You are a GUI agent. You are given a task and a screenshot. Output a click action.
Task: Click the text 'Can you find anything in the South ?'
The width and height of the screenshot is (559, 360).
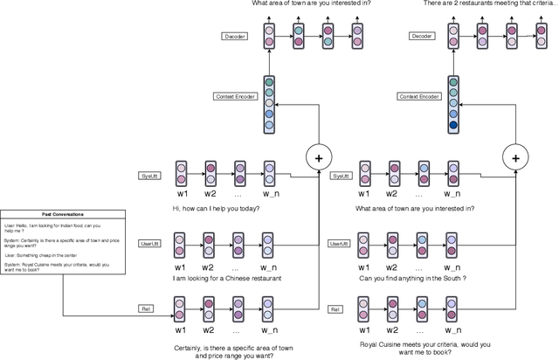[x=411, y=278]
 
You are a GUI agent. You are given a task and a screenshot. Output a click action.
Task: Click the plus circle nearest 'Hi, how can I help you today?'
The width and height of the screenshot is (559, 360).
[x=318, y=157]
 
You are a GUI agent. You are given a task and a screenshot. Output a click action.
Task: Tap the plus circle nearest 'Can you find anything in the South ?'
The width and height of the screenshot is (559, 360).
[x=515, y=157]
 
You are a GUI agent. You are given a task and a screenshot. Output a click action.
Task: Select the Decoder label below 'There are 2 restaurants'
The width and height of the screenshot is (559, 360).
[x=423, y=37]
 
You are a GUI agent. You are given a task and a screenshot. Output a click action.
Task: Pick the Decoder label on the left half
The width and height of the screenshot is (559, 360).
[x=233, y=37]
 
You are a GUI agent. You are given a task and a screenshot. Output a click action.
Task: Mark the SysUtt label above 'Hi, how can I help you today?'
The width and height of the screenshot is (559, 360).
[x=149, y=176]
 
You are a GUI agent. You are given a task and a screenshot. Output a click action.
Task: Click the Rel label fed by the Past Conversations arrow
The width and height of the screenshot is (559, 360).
[x=146, y=308]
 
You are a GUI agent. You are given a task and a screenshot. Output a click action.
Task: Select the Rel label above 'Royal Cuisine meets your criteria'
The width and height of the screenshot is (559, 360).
[x=334, y=308]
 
